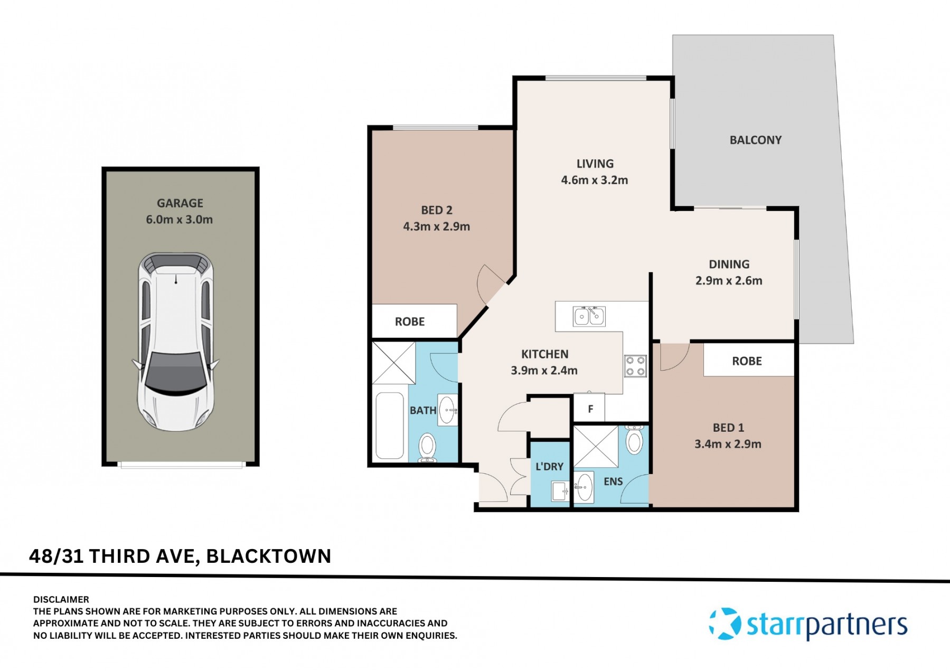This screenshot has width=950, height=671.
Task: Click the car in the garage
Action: [x=175, y=342]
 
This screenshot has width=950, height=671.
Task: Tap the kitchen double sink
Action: [x=589, y=316]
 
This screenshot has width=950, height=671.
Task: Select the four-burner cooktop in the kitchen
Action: [x=635, y=366]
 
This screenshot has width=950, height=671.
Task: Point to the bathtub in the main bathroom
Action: [x=390, y=426]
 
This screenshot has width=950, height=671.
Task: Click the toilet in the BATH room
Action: [x=427, y=448]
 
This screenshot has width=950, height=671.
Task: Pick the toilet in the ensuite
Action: [x=634, y=439]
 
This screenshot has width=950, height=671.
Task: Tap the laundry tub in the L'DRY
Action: [x=560, y=491]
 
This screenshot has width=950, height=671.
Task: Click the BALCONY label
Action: [x=755, y=140]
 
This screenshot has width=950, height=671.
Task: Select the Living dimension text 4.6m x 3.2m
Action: [x=595, y=180]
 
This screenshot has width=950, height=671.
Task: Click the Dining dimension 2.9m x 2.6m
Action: [x=729, y=280]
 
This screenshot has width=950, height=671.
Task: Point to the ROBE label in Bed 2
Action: [x=410, y=322]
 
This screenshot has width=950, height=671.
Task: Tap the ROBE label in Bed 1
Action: [x=747, y=361]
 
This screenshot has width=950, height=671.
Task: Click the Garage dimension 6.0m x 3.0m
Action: [x=180, y=219]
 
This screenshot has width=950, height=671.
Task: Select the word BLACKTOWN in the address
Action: [x=268, y=556]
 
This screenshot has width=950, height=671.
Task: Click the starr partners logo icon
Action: [x=725, y=623]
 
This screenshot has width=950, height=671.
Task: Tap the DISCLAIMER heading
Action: [x=61, y=599]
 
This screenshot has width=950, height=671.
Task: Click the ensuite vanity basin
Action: [x=584, y=487]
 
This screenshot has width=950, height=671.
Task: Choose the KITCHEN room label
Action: [x=545, y=354]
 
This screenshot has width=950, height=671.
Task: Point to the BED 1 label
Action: [x=728, y=428]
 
